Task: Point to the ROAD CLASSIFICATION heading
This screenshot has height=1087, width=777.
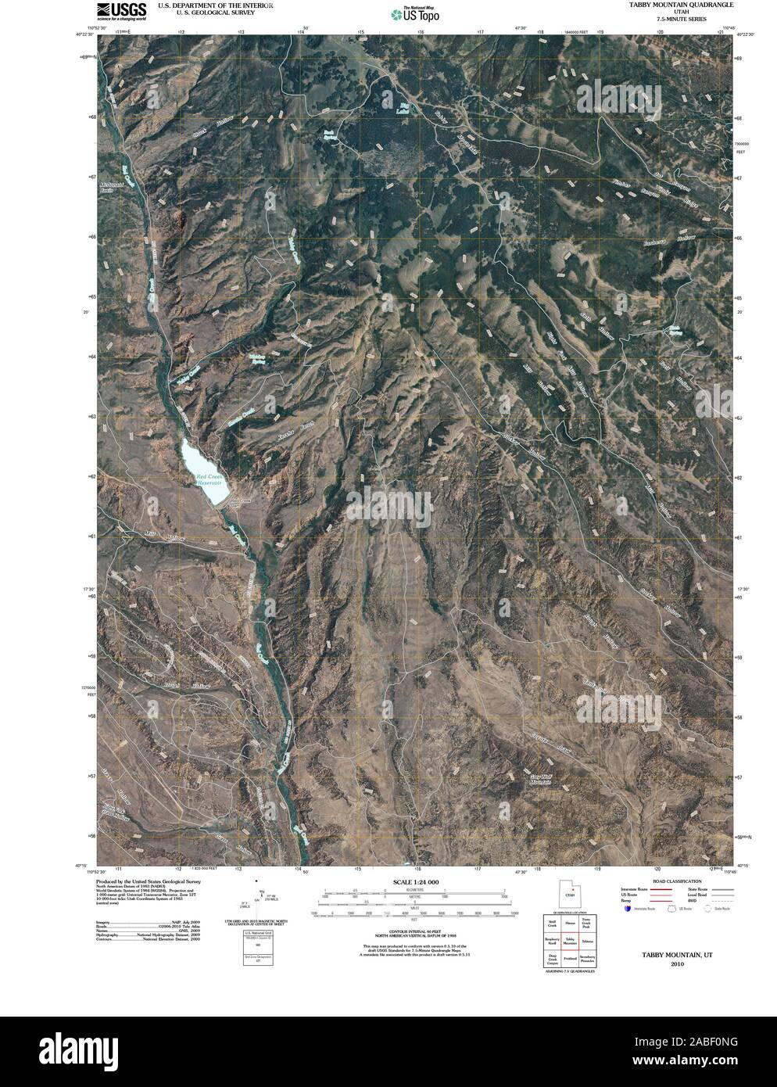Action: pyautogui.click(x=667, y=881)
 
